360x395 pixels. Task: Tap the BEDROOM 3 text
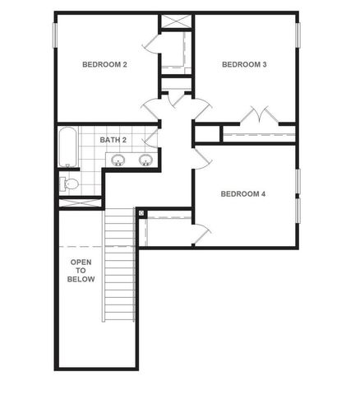point(245,63)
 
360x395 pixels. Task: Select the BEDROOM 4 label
point(242,194)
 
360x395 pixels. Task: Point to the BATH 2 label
point(113,140)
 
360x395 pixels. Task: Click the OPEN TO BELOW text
point(81,270)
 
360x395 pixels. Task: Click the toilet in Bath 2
point(70,184)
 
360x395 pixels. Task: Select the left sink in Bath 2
point(119,160)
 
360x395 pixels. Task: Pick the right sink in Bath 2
point(146,160)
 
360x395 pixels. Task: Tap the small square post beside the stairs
point(141,213)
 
